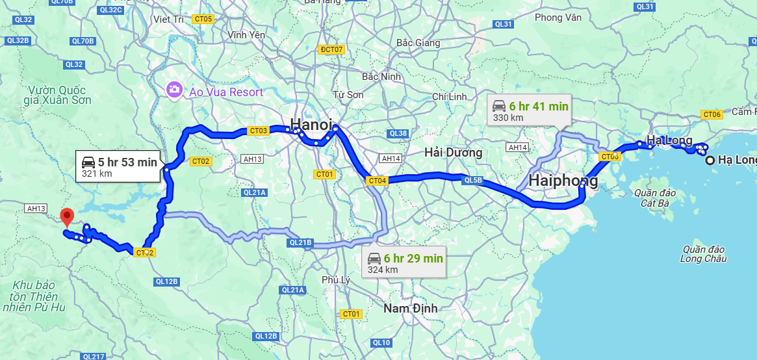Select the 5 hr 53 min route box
tap(119, 167)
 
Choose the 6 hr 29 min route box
tap(404, 263)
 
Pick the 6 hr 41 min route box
tap(529, 111)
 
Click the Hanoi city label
tap(311, 123)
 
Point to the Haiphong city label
tap(563, 181)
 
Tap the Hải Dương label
tap(453, 153)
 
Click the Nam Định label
tap(410, 308)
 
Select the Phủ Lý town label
tap(336, 279)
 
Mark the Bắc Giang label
tap(418, 43)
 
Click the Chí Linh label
tap(450, 96)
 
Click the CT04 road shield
tap(377, 181)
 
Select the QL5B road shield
tap(473, 180)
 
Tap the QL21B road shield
tap(300, 243)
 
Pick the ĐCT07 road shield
tap(331, 49)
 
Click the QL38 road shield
tap(398, 134)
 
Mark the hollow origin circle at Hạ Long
tap(710, 160)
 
